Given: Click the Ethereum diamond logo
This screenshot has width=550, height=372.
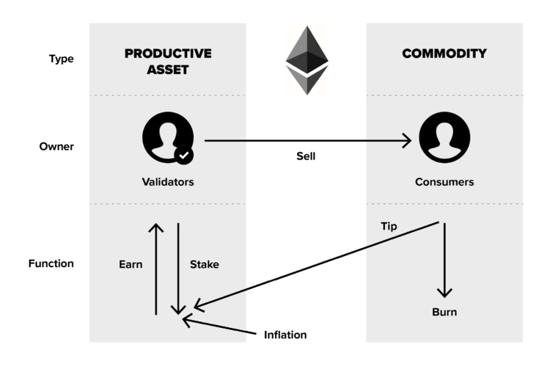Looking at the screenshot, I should pyautogui.click(x=307, y=60).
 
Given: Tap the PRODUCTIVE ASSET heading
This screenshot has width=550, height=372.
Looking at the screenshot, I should pyautogui.click(x=168, y=61).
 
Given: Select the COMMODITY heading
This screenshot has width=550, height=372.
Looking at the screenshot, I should pyautogui.click(x=444, y=54).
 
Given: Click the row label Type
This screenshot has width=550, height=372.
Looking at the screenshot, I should pyautogui.click(x=61, y=59).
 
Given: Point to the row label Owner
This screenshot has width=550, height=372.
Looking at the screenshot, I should pyautogui.click(x=57, y=146).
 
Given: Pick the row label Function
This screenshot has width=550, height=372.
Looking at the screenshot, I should pyautogui.click(x=51, y=263).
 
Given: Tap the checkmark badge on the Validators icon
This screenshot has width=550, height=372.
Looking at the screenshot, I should pyautogui.click(x=183, y=154).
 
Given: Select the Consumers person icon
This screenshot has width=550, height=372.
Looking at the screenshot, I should pyautogui.click(x=444, y=138).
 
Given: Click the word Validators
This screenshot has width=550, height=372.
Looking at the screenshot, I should pyautogui.click(x=168, y=181).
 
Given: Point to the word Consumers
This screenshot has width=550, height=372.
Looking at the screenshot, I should pyautogui.click(x=444, y=181).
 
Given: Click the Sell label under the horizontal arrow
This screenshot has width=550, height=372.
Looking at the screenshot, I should pyautogui.click(x=306, y=156).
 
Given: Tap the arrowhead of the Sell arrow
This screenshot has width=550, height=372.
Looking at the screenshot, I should pyautogui.click(x=408, y=140).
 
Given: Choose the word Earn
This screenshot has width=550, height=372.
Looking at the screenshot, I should pyautogui.click(x=130, y=264).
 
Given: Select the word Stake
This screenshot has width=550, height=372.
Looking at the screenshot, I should pyautogui.click(x=204, y=264).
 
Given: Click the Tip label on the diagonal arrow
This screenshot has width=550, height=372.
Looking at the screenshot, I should pyautogui.click(x=389, y=226).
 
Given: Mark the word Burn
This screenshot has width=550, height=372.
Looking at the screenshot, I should pyautogui.click(x=444, y=311).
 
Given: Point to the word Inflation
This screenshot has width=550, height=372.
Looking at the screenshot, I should pyautogui.click(x=285, y=335).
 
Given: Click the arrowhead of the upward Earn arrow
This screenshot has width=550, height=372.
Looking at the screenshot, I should pyautogui.click(x=156, y=227).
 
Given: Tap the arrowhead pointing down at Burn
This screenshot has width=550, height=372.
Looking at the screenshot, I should pyautogui.click(x=445, y=293).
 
